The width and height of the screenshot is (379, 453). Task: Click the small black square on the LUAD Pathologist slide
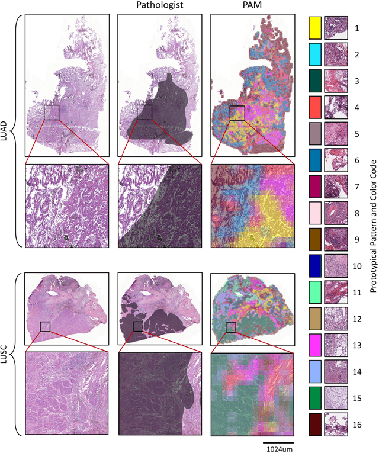(x=144, y=112)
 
